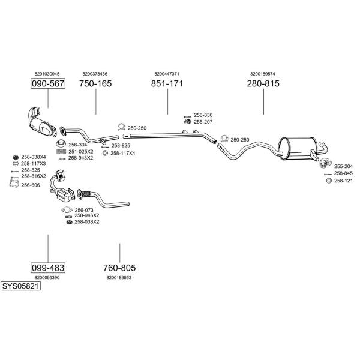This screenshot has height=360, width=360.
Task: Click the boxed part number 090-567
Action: pos(48,83)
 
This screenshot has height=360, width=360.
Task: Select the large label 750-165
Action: pos(95,83)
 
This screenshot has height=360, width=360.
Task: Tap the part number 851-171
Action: pos(167,83)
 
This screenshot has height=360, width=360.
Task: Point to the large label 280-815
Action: pos(263,83)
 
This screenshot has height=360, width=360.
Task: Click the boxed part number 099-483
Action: pos(48,268)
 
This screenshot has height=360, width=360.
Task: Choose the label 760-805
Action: pos(119,268)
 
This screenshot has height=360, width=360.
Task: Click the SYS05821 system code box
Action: pos(20,286)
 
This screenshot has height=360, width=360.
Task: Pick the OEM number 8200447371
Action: pos(167,74)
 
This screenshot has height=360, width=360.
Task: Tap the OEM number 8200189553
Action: pos(119,277)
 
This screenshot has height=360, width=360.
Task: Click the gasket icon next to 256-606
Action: pos(14,184)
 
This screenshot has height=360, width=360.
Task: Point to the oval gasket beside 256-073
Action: pos(67,210)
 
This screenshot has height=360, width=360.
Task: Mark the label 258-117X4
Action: pos(123,153)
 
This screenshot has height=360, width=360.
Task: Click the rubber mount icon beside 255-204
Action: pos(326,163)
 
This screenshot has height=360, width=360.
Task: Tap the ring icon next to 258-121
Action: pos(329,181)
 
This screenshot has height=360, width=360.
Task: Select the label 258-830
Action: pos(203,115)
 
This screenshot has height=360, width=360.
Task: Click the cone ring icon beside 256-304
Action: pos(61,143)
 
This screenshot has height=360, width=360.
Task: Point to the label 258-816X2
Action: pos(34,176)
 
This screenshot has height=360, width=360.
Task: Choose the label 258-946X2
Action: pos(87,215)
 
